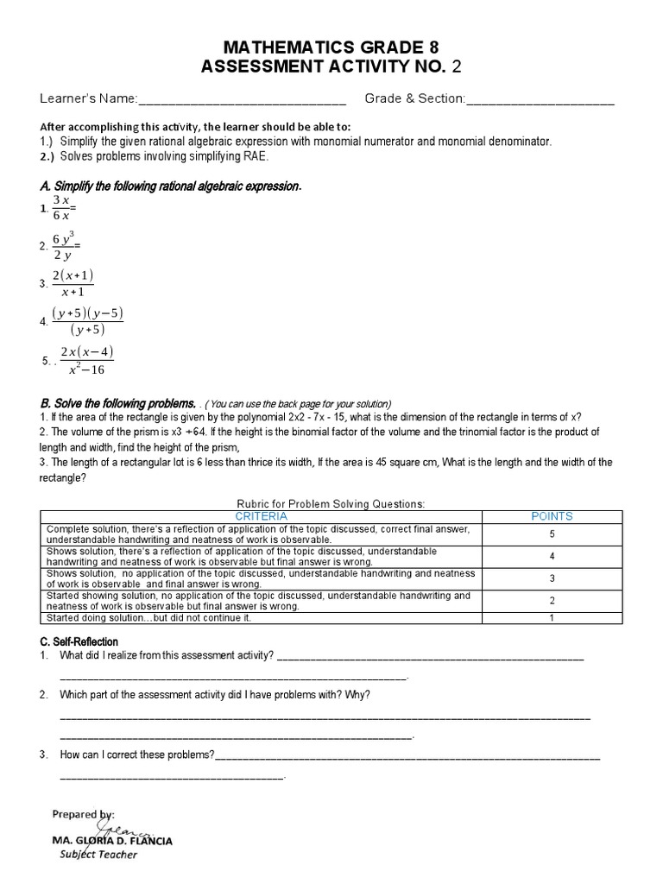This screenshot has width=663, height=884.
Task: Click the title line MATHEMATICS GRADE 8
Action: [x=331, y=47]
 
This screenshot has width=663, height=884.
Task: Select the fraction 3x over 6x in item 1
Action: [x=60, y=208]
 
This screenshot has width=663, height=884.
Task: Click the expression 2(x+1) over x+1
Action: [x=73, y=283]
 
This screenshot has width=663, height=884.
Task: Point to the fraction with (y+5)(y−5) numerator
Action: [x=87, y=321]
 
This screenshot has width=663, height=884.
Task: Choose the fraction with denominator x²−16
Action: [x=85, y=360]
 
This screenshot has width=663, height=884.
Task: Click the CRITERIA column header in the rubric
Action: [x=262, y=516]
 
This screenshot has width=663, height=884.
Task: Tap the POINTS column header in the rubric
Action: [x=552, y=516]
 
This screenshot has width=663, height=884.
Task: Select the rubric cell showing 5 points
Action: [x=552, y=534]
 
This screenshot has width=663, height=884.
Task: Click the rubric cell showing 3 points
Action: [x=552, y=578]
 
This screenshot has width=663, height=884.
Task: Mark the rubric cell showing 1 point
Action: [x=552, y=617]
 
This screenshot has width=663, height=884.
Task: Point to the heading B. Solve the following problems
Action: [x=117, y=404]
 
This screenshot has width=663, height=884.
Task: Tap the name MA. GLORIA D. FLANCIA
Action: [x=112, y=840]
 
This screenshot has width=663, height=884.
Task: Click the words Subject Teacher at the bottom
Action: [x=98, y=855]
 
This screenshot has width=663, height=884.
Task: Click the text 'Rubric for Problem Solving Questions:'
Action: [x=331, y=504]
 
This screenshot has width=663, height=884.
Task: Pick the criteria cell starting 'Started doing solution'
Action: [x=148, y=617]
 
